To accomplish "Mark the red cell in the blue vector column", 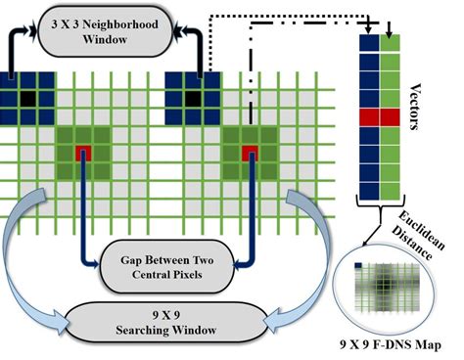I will pos(371,117).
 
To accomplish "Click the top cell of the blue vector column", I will pos(371,42).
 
